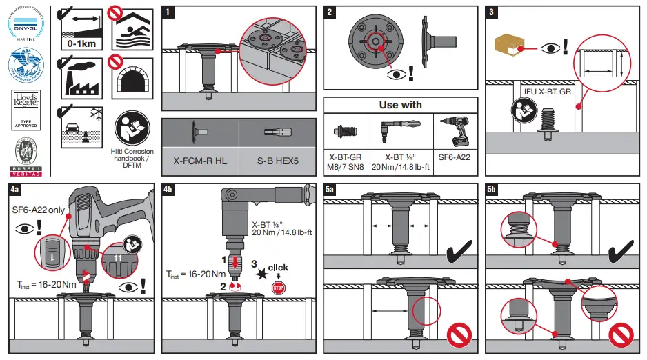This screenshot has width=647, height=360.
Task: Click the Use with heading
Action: pos(400,105)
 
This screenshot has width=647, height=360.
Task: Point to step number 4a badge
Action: pos(15,188)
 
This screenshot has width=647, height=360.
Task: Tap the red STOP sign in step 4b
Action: pos(279,288)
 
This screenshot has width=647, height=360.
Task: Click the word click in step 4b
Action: pos(277,268)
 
